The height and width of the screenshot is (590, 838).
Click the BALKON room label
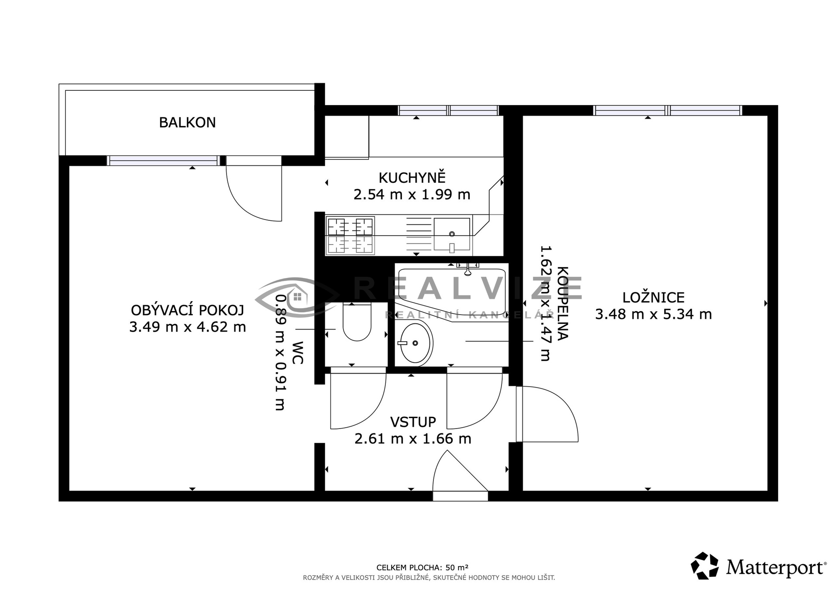pos(187,123)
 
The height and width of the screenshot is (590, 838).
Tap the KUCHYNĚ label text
pos(412,178)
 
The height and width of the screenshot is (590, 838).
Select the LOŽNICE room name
pos(653,298)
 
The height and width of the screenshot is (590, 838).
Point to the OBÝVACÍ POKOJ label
pos(187,310)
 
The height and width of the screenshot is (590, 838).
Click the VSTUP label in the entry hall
pos(413,422)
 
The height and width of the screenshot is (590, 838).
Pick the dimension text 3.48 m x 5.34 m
pos(653,314)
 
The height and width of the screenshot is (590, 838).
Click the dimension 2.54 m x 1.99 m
pos(412,194)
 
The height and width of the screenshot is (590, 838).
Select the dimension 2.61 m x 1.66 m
pos(413,439)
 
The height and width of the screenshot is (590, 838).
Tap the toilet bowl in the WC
pos(357,322)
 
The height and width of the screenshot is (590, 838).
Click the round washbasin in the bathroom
pos(416,343)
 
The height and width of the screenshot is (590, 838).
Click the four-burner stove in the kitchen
pos(350,235)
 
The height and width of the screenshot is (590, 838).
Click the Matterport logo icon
pos(704,566)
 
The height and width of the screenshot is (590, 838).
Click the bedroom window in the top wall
pos(668,110)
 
